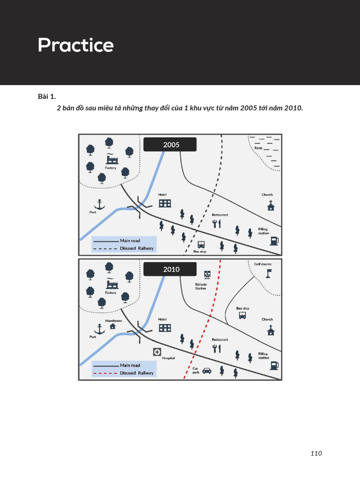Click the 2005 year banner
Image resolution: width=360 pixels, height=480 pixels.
171,144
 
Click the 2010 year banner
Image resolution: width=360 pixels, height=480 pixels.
171,269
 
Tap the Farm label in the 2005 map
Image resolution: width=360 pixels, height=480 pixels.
258,148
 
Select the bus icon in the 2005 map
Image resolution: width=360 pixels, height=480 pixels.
201,244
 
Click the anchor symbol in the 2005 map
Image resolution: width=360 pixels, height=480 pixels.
99,204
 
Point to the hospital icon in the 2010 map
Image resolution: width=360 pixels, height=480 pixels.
157,352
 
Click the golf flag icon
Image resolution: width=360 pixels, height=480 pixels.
268,272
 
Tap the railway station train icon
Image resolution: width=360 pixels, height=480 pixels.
207,275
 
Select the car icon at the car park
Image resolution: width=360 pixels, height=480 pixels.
207,370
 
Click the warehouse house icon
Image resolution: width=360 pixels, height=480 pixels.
112,326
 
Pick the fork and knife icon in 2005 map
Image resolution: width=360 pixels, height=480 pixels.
216,224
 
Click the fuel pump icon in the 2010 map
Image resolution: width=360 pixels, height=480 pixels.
274,365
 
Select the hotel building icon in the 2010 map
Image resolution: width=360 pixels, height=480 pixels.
165,328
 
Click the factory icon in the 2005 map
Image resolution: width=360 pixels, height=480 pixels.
112,159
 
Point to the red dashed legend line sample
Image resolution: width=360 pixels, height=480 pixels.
105,373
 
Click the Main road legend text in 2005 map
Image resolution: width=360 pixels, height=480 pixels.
130,240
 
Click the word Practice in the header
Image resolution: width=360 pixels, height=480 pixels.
75,45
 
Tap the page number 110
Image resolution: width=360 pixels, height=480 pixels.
316,453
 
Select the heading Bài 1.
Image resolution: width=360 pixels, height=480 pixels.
46,97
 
